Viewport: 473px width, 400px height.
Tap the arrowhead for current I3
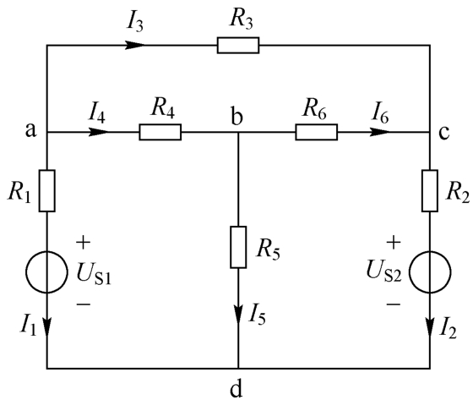135,46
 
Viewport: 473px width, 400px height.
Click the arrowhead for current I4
98,132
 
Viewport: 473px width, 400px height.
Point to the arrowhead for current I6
379,132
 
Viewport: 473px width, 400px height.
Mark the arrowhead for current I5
238,313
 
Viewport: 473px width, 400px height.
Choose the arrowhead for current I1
47,326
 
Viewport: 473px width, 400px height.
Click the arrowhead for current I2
430,326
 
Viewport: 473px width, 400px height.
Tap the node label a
30,130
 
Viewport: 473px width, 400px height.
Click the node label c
444,133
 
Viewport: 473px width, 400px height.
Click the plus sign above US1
84,243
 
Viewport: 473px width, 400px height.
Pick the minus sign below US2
394,304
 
